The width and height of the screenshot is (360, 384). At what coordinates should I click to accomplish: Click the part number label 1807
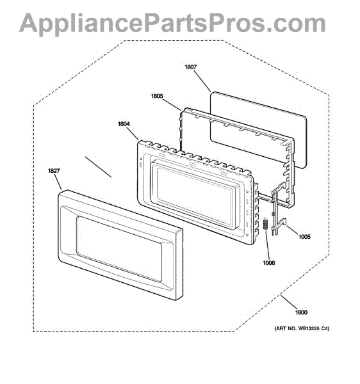click(191, 67)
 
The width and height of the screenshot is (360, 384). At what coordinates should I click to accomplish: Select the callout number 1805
click(157, 96)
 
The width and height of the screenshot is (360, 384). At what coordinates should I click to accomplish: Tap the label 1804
click(124, 124)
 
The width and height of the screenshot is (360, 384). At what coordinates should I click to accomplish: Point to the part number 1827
click(54, 171)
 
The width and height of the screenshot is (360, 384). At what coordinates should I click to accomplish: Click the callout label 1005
click(304, 237)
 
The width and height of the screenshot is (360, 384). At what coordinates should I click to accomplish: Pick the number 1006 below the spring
click(269, 263)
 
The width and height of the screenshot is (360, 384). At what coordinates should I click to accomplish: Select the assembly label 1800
click(301, 312)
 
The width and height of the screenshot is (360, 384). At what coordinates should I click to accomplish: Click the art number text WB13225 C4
click(313, 328)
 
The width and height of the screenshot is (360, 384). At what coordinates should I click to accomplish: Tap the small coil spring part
click(265, 224)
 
